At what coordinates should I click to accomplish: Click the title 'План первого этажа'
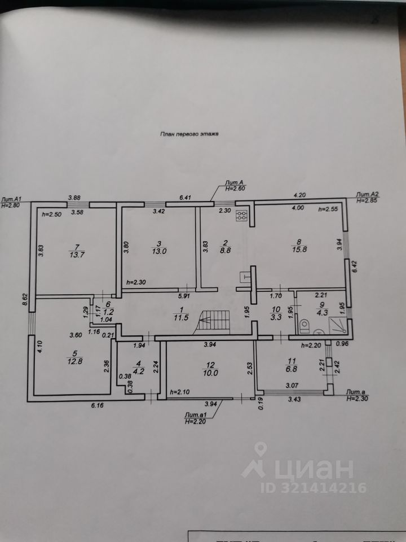[189, 135]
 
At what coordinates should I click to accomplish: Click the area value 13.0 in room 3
[160, 252]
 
